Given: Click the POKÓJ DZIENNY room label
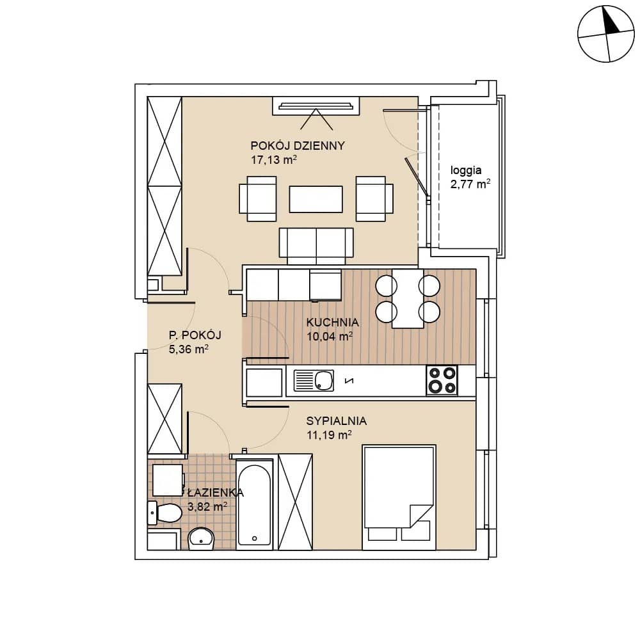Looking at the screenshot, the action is (298, 145).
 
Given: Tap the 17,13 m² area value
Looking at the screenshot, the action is (273, 159).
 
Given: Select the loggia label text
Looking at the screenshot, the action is (466, 171).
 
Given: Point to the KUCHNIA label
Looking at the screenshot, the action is (333, 322).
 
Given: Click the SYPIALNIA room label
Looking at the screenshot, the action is (337, 421).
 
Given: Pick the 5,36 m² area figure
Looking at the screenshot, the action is (189, 349).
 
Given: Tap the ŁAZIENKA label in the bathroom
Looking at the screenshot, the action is (216, 493).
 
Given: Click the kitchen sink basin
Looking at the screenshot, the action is (324, 381).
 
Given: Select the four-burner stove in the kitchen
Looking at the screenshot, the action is (442, 381).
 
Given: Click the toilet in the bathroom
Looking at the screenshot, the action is (164, 513).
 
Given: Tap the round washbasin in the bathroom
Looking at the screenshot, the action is (201, 539).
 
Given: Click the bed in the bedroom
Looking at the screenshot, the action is (399, 497).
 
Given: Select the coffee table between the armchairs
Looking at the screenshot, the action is (316, 199).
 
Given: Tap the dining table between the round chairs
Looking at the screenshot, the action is (408, 298).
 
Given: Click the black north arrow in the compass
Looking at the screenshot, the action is (611, 22).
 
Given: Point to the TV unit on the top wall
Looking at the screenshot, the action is (316, 106).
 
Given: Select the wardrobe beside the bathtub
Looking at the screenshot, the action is (295, 502).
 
